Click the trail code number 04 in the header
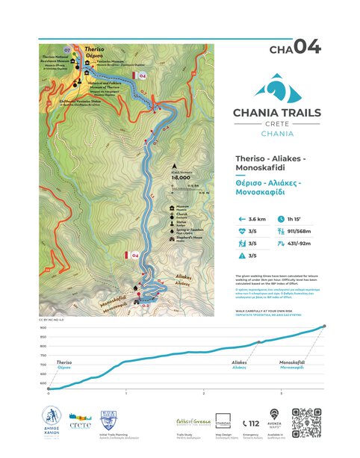(x=307, y=47)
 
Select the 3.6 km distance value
(x=258, y=219)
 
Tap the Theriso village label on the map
(x=93, y=49)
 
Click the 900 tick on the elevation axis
(x=43, y=327)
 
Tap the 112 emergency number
(x=252, y=423)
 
